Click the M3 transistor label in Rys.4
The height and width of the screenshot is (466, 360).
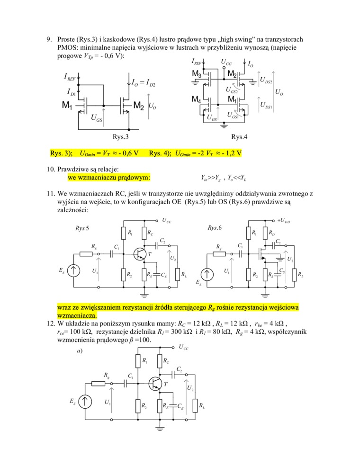pos(197,74)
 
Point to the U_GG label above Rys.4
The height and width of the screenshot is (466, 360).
pos(226,63)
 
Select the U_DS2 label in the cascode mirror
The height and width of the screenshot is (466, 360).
pos(266,81)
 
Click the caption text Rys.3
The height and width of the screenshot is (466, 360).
pos(121,137)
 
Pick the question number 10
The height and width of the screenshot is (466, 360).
pos(51,169)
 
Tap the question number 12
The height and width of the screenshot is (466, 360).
pos(51,323)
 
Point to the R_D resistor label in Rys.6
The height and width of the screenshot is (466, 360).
pos(271,233)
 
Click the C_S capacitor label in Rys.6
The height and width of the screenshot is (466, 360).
pos(282,271)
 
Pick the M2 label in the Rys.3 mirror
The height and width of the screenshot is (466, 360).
pos(138,105)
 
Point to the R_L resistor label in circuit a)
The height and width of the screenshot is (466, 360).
pos(202,405)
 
